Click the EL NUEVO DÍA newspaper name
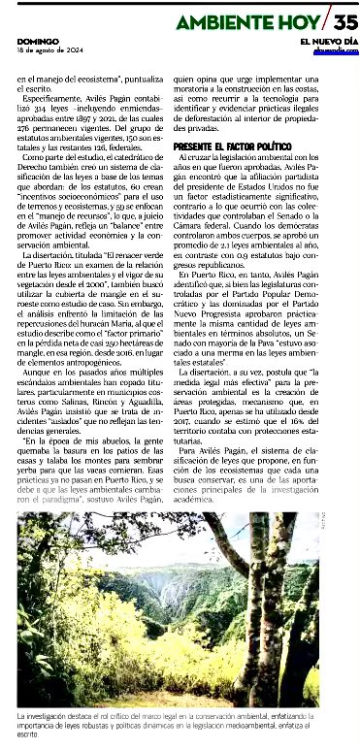[x=329, y=41]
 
